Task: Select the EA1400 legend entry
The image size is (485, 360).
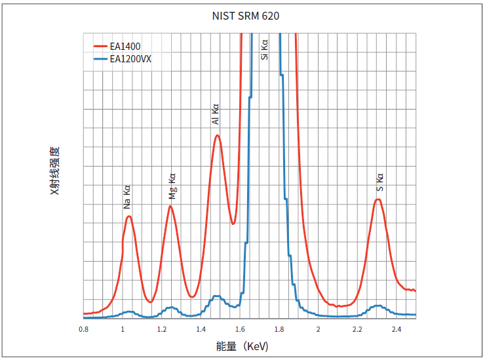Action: pyautogui.click(x=125, y=46)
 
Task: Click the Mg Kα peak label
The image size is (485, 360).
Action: pyautogui.click(x=172, y=187)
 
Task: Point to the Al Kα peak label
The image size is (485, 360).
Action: pyautogui.click(x=216, y=114)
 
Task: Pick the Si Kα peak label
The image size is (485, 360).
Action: pyautogui.click(x=265, y=50)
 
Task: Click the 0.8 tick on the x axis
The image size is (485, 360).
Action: pyautogui.click(x=83, y=329)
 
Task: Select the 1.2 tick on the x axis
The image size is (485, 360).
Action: pyautogui.click(x=162, y=329)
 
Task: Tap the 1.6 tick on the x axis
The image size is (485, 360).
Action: pyautogui.click(x=240, y=329)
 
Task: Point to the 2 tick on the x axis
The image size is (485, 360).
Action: pyautogui.click(x=319, y=329)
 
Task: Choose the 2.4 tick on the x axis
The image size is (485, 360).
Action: pyautogui.click(x=397, y=329)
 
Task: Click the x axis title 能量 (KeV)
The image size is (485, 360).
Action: pyautogui.click(x=242, y=346)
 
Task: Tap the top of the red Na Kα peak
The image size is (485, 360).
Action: pyautogui.click(x=129, y=216)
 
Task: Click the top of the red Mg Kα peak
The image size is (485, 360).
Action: pyautogui.click(x=170, y=206)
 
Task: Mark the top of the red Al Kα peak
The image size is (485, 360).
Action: pyautogui.click(x=217, y=135)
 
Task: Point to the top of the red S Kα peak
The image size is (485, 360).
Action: pyautogui.click(x=378, y=199)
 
